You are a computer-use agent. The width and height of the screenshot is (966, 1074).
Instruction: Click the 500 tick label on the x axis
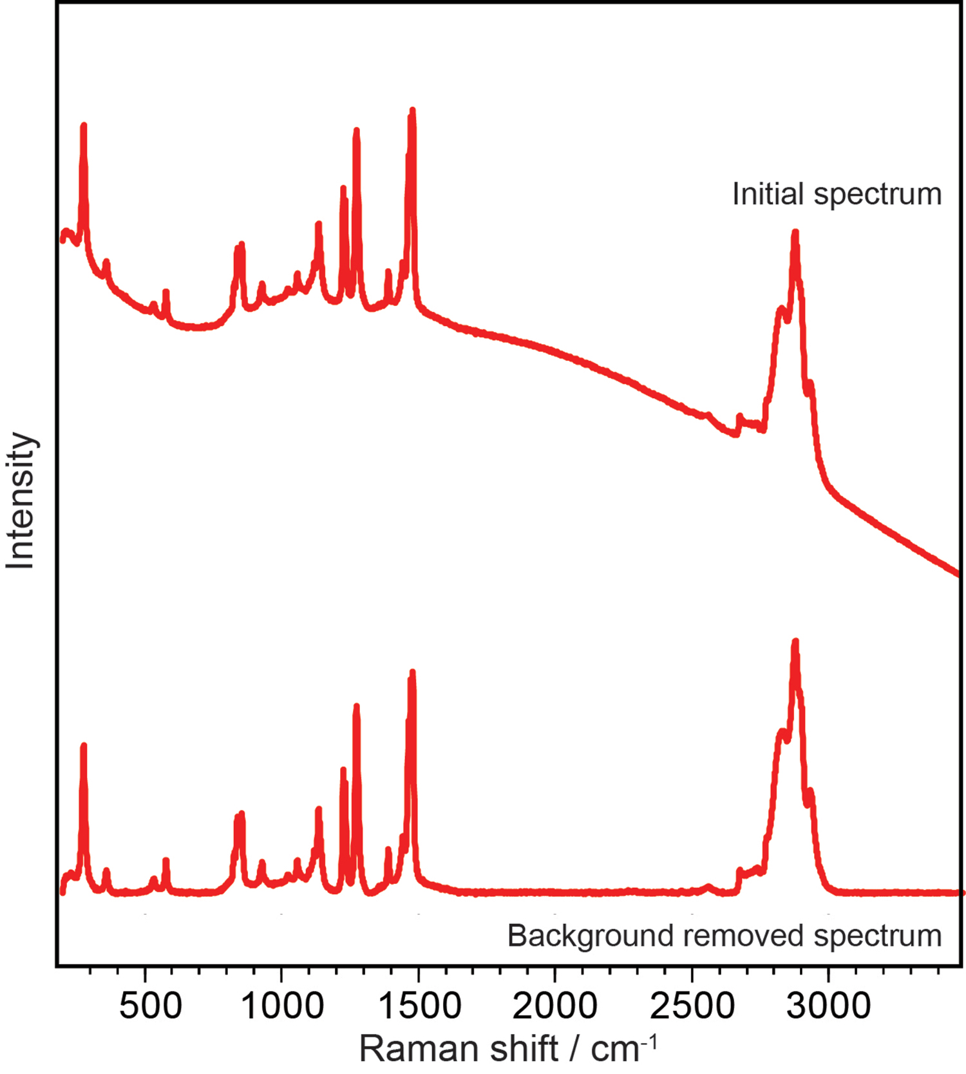point(151,1006)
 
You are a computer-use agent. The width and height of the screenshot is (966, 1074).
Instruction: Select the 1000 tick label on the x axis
point(283,1006)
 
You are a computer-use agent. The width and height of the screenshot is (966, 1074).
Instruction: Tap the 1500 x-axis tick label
point(420,1006)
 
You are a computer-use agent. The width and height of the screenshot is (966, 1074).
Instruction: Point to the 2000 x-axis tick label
point(555,1006)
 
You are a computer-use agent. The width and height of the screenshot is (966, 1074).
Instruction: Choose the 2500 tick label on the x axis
point(692,1006)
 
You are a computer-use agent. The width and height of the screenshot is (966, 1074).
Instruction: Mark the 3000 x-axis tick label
point(829,1006)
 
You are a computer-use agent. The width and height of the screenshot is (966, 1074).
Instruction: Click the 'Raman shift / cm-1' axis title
point(508,1048)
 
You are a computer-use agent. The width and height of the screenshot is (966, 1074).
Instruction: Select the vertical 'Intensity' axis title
point(21,501)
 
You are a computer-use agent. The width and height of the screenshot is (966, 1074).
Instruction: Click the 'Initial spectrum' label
point(837,194)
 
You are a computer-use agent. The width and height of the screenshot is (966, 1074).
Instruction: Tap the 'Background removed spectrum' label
point(724,935)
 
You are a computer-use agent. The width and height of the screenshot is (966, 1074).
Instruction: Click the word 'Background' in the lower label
point(590,935)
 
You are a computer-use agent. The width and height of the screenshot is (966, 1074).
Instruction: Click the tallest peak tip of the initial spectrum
point(412,111)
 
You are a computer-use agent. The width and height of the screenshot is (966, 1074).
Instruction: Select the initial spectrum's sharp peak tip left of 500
point(83,126)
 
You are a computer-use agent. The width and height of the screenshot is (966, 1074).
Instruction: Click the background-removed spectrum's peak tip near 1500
point(412,673)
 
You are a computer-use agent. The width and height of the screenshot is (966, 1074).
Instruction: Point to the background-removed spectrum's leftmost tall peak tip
point(83,746)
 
